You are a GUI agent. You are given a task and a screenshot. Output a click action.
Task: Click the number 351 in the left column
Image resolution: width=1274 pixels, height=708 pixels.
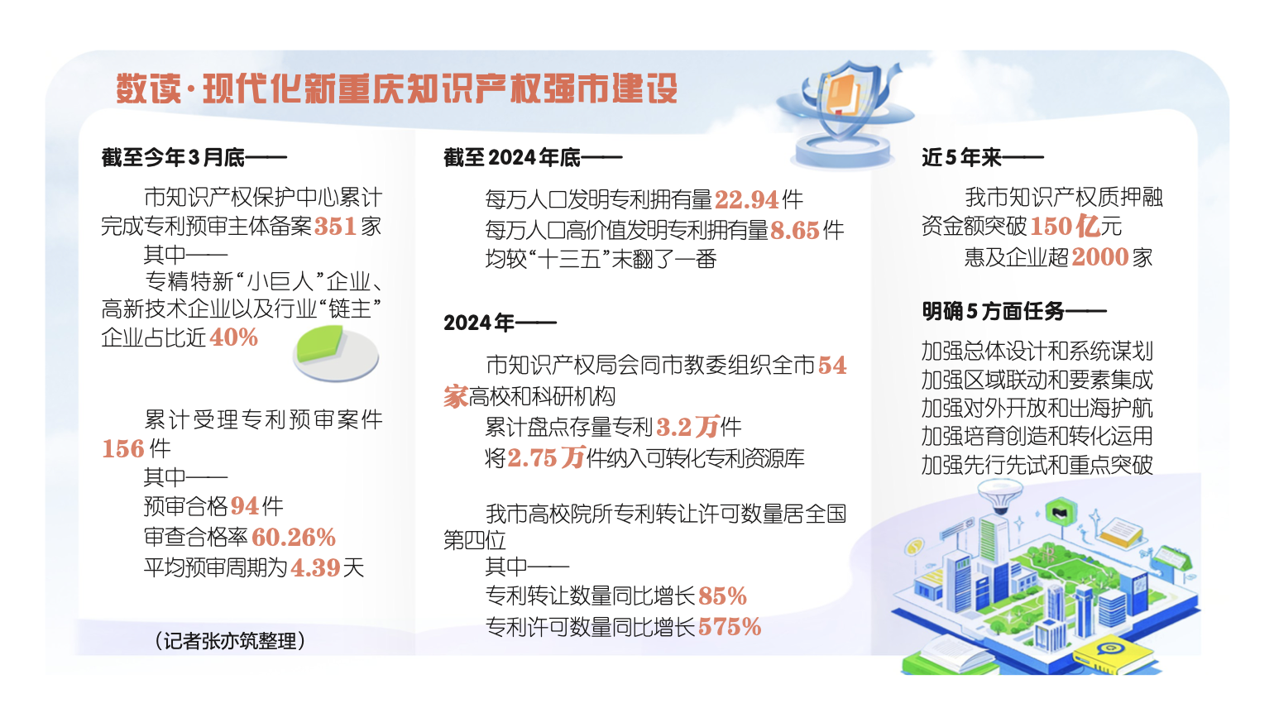[335, 227]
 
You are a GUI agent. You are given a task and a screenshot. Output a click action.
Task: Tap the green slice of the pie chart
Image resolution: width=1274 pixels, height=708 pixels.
[320, 342]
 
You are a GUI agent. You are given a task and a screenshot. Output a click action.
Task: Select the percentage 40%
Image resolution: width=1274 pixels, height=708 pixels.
[234, 337]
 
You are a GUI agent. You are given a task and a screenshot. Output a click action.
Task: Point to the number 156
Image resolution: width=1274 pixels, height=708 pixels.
[123, 448]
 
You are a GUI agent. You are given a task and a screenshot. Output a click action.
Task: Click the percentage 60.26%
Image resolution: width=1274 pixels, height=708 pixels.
[294, 537]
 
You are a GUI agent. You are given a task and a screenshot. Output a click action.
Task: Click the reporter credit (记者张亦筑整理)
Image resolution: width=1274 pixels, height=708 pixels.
[230, 641]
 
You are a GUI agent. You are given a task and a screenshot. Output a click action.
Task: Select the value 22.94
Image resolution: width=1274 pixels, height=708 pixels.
[746, 199]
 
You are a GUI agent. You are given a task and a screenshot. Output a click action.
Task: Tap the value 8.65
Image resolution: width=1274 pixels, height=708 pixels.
[795, 230]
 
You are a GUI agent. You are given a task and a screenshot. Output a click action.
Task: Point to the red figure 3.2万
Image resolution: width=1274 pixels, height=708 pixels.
[687, 427]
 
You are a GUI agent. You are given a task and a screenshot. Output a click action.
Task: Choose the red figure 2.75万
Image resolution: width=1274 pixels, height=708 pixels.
[546, 457]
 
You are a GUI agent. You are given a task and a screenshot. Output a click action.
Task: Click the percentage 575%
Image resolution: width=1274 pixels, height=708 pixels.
[730, 627]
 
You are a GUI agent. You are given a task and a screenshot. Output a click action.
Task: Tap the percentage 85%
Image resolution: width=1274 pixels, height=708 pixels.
[722, 596]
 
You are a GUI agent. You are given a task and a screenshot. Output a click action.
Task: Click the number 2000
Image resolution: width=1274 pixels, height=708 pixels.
[1100, 257]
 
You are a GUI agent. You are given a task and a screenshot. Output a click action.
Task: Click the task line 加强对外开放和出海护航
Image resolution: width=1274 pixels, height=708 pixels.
[1037, 408]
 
